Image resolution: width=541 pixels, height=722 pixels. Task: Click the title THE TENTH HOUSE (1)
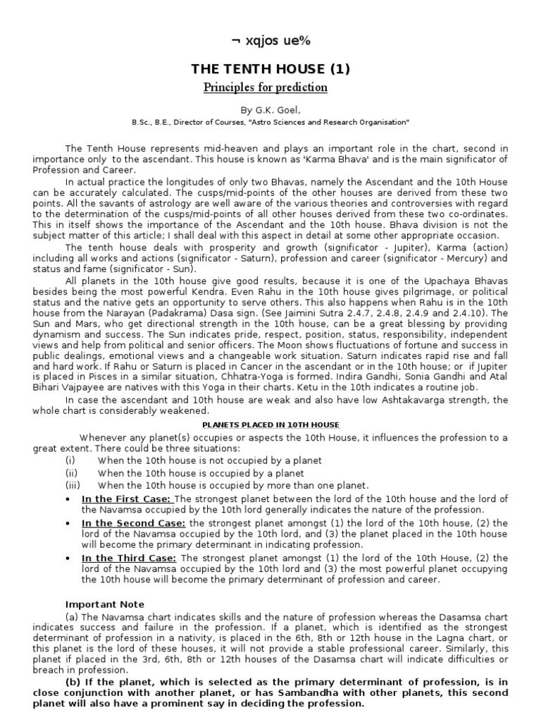click(x=270, y=68)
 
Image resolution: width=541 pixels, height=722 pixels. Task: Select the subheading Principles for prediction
click(x=266, y=87)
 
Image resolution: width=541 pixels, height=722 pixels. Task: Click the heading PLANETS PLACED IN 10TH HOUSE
click(x=270, y=424)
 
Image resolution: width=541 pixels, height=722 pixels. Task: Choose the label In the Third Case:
click(x=130, y=558)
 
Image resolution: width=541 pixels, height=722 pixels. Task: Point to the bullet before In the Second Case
click(x=67, y=522)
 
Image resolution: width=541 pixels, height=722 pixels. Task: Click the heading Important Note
click(x=104, y=604)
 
